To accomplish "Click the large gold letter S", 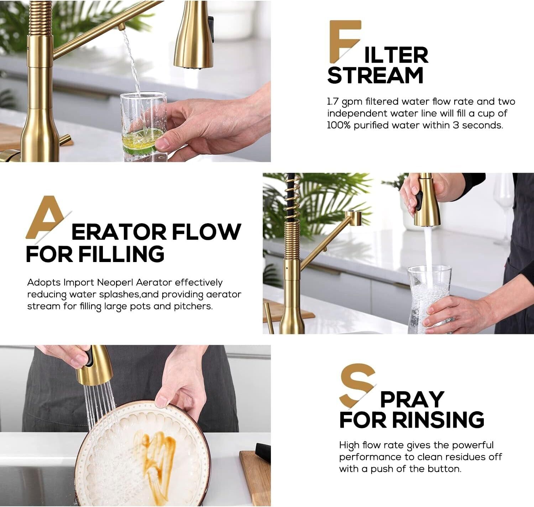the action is pos(357,386).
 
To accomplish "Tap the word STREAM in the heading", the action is pos(375,75).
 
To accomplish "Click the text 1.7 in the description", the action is pos(333,101).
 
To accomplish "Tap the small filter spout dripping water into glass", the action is pos(121,26).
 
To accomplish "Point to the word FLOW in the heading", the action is pos(206,231).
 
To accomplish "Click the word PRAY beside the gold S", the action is pos(412,399).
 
